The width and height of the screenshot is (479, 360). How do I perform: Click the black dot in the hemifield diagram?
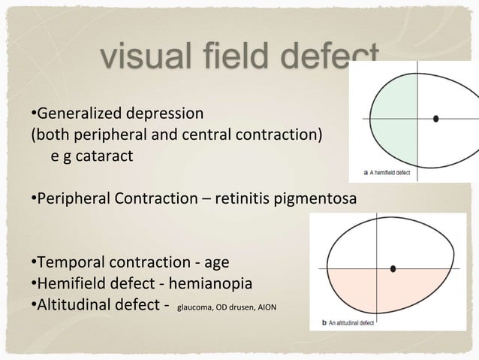(436, 119)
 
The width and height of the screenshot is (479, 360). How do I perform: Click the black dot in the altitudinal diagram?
(394, 268)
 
